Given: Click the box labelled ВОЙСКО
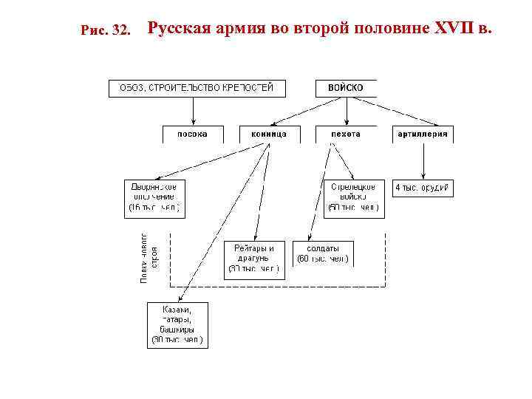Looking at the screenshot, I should click(345, 88).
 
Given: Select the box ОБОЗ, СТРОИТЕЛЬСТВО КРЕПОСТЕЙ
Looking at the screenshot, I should click(197, 88).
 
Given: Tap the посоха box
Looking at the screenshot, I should click(192, 134).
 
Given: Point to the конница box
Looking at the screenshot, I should click(269, 134).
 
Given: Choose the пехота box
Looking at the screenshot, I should click(345, 134).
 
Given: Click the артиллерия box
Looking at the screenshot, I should click(423, 134).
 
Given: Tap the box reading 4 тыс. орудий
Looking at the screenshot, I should click(423, 188).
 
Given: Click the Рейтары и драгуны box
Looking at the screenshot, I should click(254, 259).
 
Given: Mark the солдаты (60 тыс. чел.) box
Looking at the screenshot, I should click(323, 253).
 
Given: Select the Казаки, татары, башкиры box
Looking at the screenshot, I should click(176, 324).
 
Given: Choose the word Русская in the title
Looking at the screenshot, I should click(179, 30).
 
